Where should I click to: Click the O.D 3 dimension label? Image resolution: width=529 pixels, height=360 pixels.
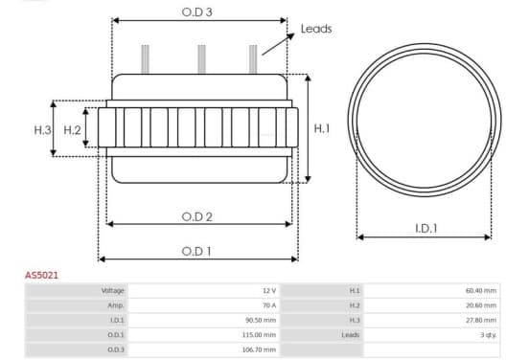pos(196,12)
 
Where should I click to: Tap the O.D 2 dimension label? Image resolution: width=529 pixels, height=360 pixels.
pos(197,216)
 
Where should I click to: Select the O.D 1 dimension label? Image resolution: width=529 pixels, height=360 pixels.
pos(196,251)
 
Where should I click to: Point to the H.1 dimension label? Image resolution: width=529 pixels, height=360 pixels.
pos(321,128)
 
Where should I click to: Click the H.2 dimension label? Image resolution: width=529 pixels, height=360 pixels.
pos(72,129)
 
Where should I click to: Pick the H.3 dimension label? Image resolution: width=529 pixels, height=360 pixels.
pos(42,129)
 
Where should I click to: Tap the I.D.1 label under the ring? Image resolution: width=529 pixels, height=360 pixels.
pos(426,229)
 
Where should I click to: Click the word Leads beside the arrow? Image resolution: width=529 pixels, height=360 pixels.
pos(316,29)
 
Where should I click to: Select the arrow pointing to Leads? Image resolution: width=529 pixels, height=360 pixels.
pos(278,44)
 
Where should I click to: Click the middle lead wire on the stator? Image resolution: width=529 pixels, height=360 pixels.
pos(202,59)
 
